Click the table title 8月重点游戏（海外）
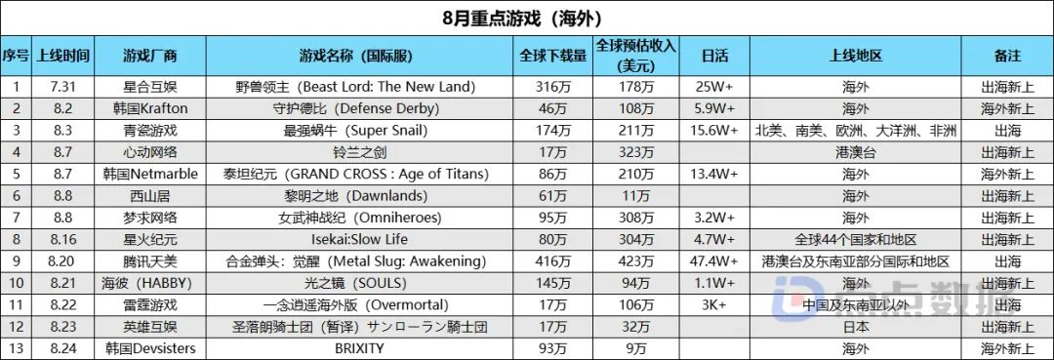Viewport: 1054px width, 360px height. [527, 18]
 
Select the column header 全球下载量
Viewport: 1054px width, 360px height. [553, 56]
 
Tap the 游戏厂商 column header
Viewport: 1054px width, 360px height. [150, 56]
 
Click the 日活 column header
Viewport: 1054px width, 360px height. [714, 56]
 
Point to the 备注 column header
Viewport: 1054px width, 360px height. [1008, 56]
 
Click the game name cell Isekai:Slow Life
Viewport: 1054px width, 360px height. [366, 239]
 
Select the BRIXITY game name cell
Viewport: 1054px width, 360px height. [366, 347]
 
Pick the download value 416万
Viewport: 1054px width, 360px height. [553, 260]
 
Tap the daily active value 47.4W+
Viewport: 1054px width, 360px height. [714, 260]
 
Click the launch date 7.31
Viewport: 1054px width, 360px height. [63, 87]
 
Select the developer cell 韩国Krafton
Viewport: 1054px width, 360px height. [150, 108]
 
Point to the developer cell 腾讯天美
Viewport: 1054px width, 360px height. [150, 260]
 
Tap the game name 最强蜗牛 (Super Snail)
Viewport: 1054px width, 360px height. [366, 131]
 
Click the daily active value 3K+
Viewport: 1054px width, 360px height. [714, 304]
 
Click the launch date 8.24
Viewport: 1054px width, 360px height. [63, 347]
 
